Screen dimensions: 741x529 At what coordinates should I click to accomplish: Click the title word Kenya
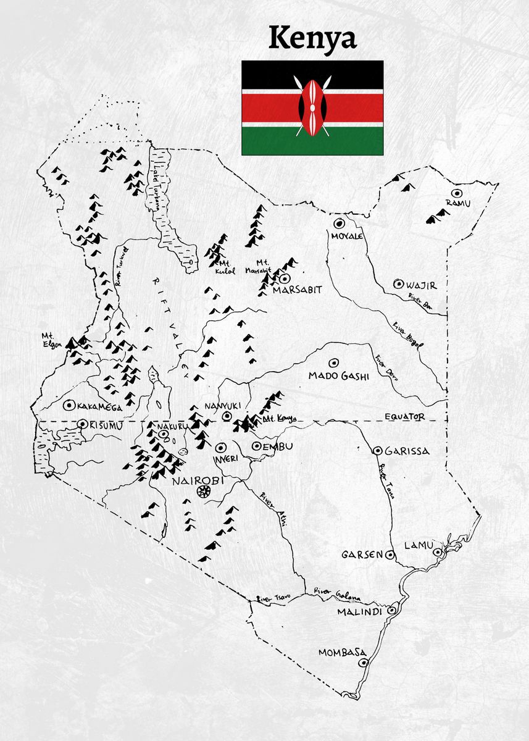point(312,38)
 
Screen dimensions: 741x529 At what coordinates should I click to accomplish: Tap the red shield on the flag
point(312,106)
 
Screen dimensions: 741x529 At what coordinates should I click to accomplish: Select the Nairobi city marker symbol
point(202,492)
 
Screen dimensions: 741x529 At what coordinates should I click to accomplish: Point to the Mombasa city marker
point(364,663)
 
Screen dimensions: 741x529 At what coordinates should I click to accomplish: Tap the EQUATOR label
point(404,417)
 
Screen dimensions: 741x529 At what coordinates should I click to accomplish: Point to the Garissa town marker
point(377,451)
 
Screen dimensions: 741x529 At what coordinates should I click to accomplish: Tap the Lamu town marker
point(437,552)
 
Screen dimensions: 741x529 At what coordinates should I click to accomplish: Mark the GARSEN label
point(362,555)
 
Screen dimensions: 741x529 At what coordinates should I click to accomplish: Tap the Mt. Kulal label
point(222,266)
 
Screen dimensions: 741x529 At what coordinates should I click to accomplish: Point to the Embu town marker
point(257,446)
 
